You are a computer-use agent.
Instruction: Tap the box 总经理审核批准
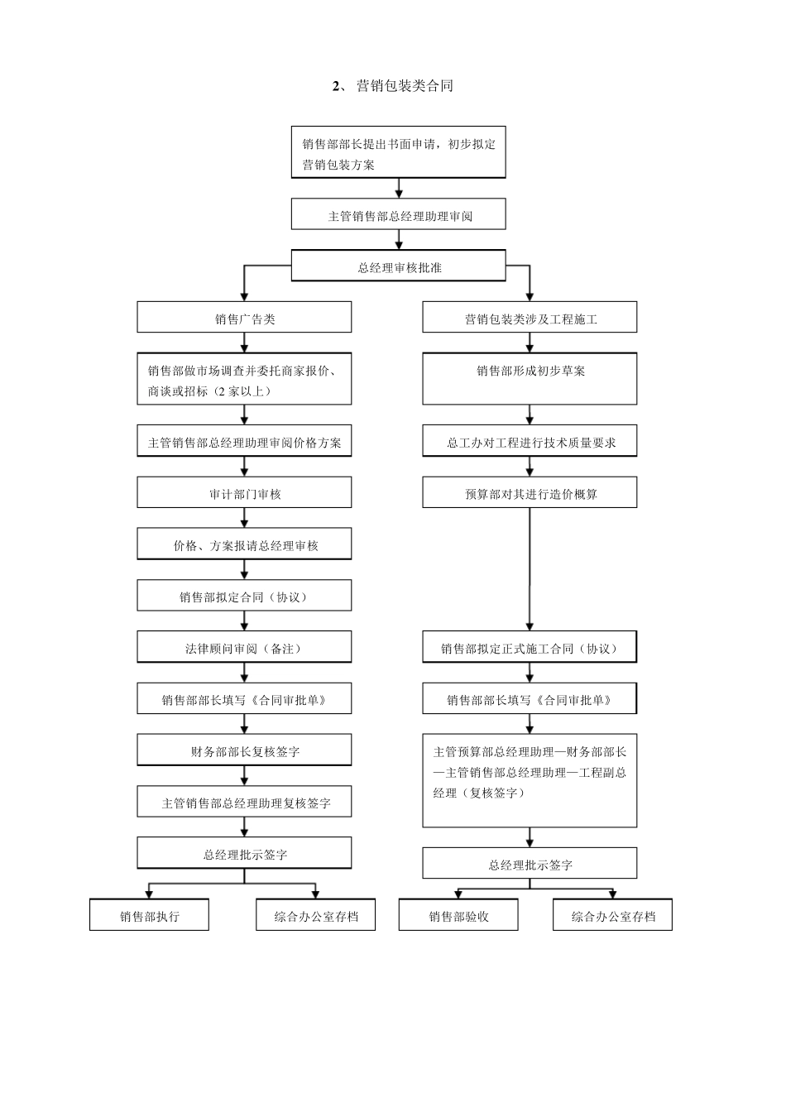click(x=398, y=266)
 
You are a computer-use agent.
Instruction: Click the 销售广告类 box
click(x=244, y=318)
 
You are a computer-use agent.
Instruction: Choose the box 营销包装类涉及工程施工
click(x=530, y=318)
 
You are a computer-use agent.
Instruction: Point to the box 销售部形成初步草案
click(x=530, y=379)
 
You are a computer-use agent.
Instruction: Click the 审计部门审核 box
click(x=244, y=493)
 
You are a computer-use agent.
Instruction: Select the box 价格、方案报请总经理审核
click(x=244, y=544)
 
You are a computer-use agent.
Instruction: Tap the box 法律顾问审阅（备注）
click(x=244, y=647)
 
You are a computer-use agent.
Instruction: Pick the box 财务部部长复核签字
click(x=244, y=750)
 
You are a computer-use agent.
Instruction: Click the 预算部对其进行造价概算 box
click(x=530, y=493)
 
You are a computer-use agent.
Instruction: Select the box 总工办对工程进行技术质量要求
click(x=530, y=441)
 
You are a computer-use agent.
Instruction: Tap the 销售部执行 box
click(x=149, y=915)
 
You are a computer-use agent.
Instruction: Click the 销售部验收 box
click(x=458, y=915)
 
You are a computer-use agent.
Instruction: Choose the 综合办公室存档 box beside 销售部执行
click(x=315, y=915)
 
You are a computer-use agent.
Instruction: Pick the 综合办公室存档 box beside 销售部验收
click(x=612, y=915)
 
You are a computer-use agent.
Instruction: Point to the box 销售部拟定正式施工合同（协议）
click(x=530, y=647)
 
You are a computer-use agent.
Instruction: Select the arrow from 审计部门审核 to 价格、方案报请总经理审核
click(x=244, y=518)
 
